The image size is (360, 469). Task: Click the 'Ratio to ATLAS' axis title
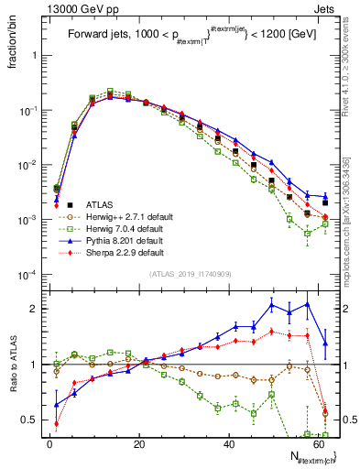click(x=13, y=364)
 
